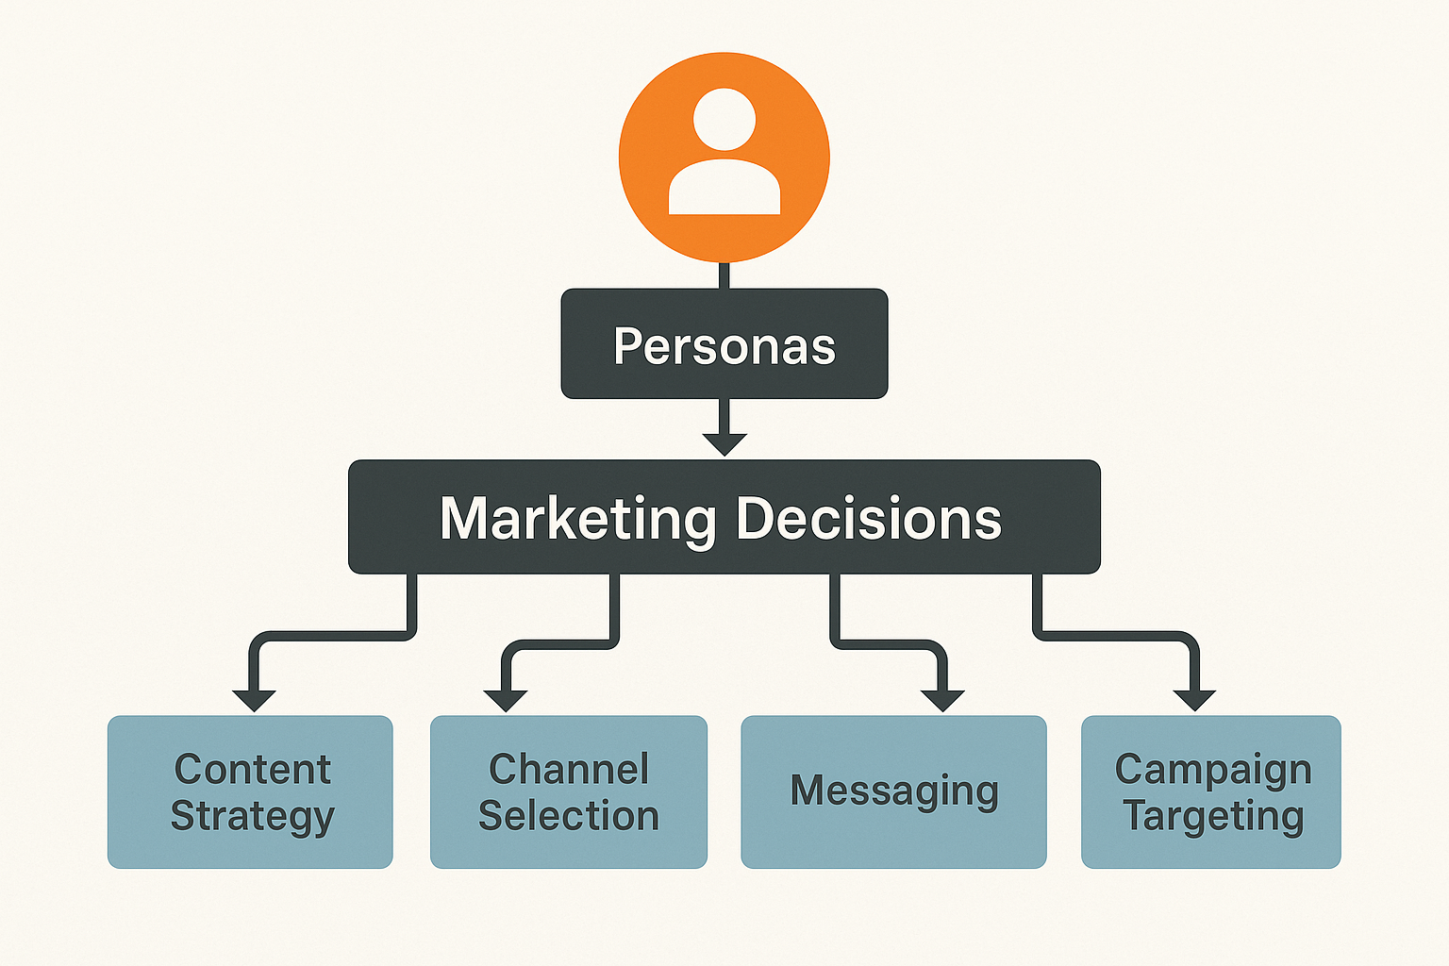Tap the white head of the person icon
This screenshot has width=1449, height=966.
[724, 119]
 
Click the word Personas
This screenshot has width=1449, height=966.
[724, 346]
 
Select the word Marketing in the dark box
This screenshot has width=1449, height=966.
[577, 519]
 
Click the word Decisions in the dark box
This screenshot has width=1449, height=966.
[868, 519]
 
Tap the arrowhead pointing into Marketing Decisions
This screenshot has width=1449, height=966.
[724, 443]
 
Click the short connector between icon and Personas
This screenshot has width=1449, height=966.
[724, 275]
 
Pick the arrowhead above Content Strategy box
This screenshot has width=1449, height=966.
[254, 700]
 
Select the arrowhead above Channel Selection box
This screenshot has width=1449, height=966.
[506, 700]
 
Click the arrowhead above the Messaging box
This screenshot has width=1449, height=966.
[943, 700]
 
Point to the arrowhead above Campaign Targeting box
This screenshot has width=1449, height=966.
[1194, 700]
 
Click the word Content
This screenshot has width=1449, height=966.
[253, 770]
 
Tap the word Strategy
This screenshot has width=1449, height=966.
[253, 816]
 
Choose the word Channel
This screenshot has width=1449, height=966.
[569, 770]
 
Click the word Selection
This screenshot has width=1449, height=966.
[569, 816]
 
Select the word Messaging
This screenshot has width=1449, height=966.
[894, 791]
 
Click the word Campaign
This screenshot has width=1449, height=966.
[1213, 770]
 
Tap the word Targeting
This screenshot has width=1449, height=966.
[1213, 816]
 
